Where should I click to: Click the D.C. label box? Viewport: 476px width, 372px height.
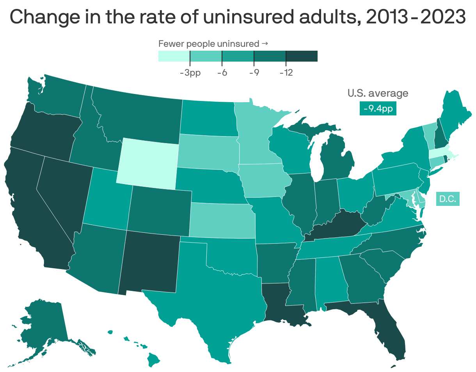(x=447, y=199)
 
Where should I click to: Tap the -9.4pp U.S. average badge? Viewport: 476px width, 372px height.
(x=378, y=109)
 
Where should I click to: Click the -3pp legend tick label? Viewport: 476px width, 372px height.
(x=190, y=73)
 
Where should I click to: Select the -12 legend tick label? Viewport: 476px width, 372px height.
(x=286, y=73)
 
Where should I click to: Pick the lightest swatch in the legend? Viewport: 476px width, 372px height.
(x=174, y=56)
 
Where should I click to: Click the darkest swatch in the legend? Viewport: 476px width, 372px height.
(x=302, y=56)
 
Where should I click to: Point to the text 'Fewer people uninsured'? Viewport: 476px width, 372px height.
(x=208, y=44)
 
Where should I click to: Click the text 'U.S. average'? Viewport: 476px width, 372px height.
(x=378, y=93)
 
